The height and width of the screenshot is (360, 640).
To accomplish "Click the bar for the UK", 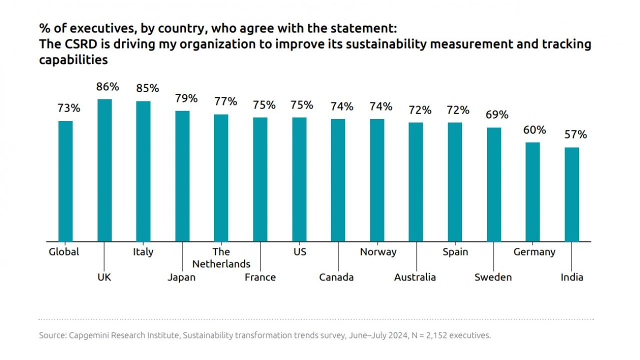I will click(x=104, y=170).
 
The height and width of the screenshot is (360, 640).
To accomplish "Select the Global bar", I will click(x=65, y=181).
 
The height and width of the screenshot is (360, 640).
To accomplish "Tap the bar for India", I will click(x=572, y=194).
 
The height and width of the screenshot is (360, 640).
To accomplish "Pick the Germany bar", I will click(x=533, y=192).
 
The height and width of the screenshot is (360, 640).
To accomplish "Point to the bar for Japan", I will click(x=182, y=176).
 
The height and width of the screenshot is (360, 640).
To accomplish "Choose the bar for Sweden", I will click(x=494, y=184).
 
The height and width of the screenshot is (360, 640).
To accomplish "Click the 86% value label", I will click(x=108, y=86).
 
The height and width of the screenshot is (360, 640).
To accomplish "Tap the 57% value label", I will click(x=575, y=134).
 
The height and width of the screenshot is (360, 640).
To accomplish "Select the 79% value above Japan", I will click(x=186, y=98).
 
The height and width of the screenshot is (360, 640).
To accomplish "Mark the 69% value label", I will click(x=497, y=114).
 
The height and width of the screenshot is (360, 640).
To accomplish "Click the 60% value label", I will click(x=535, y=129).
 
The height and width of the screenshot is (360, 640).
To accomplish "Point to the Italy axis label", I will click(x=143, y=251).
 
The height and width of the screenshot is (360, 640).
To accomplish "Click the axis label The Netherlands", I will click(x=221, y=257).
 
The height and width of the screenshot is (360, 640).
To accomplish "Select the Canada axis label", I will click(x=336, y=277).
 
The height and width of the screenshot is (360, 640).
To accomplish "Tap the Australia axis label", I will click(x=415, y=277).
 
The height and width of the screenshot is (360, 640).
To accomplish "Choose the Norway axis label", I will click(x=378, y=251).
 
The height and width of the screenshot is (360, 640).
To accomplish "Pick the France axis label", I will click(x=260, y=277).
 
